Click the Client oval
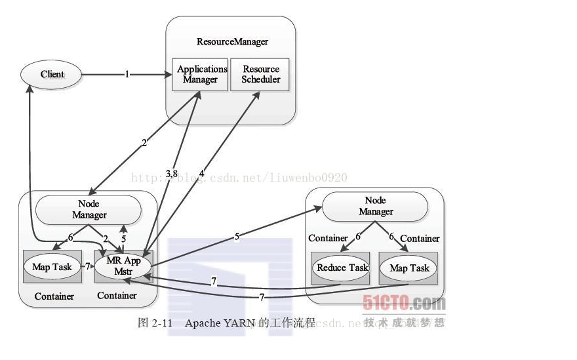coord(52,74)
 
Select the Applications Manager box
coord(200,74)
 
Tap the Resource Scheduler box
coord(260,74)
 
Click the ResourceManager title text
coord(232,41)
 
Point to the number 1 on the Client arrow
coord(127,74)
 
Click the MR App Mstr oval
coord(123,264)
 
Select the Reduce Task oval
coord(342,268)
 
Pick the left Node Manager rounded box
coord(89,209)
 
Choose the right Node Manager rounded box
coord(375,206)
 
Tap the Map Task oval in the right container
coord(409,268)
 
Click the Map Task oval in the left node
coord(52,267)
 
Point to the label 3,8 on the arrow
coord(171,173)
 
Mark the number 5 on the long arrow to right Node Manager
coord(237,237)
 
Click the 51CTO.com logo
coord(404,303)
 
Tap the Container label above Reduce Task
coord(328,238)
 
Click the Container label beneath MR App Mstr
coord(117,296)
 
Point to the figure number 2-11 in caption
coord(162,323)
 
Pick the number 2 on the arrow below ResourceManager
coord(144,143)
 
